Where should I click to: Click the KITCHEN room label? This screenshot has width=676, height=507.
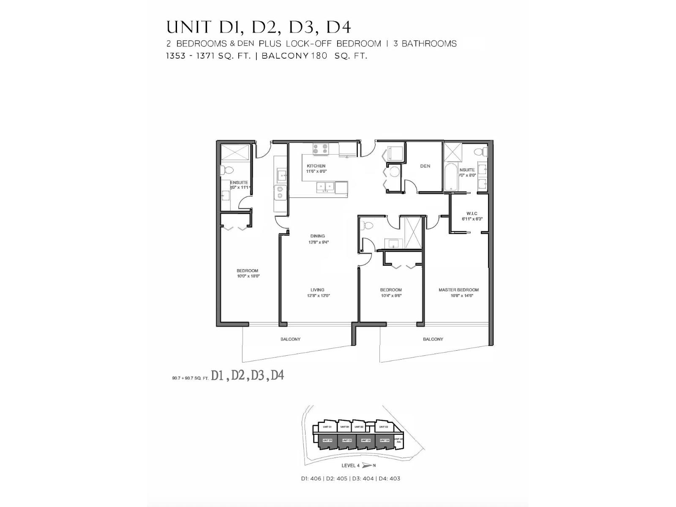pos(316,166)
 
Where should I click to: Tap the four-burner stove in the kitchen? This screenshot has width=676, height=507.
pos(320,149)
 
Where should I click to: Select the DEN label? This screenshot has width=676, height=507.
pos(425,166)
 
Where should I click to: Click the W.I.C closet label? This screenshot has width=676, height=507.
pos(472,213)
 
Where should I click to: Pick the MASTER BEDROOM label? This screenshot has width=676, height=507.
pos(458,290)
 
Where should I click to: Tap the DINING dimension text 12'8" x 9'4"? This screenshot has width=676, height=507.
pos(318,243)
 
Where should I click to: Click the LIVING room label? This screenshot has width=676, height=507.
pos(317,290)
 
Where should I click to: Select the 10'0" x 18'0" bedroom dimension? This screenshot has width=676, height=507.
pos(248,276)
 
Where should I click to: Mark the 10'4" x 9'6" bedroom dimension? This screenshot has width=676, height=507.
pos(391,296)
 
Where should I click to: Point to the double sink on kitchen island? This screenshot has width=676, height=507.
pos(325,186)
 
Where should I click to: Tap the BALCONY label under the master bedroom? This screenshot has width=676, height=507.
pos(433,339)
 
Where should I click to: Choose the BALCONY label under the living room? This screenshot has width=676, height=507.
pos(291,339)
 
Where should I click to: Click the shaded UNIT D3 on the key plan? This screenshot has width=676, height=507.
pos(366,440)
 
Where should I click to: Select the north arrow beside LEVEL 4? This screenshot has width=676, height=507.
pos(366,466)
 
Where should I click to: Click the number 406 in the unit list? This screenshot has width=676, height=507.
pos(316,479)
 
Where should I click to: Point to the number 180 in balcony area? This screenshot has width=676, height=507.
pos(319,56)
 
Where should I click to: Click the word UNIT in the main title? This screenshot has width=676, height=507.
pos(188,27)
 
